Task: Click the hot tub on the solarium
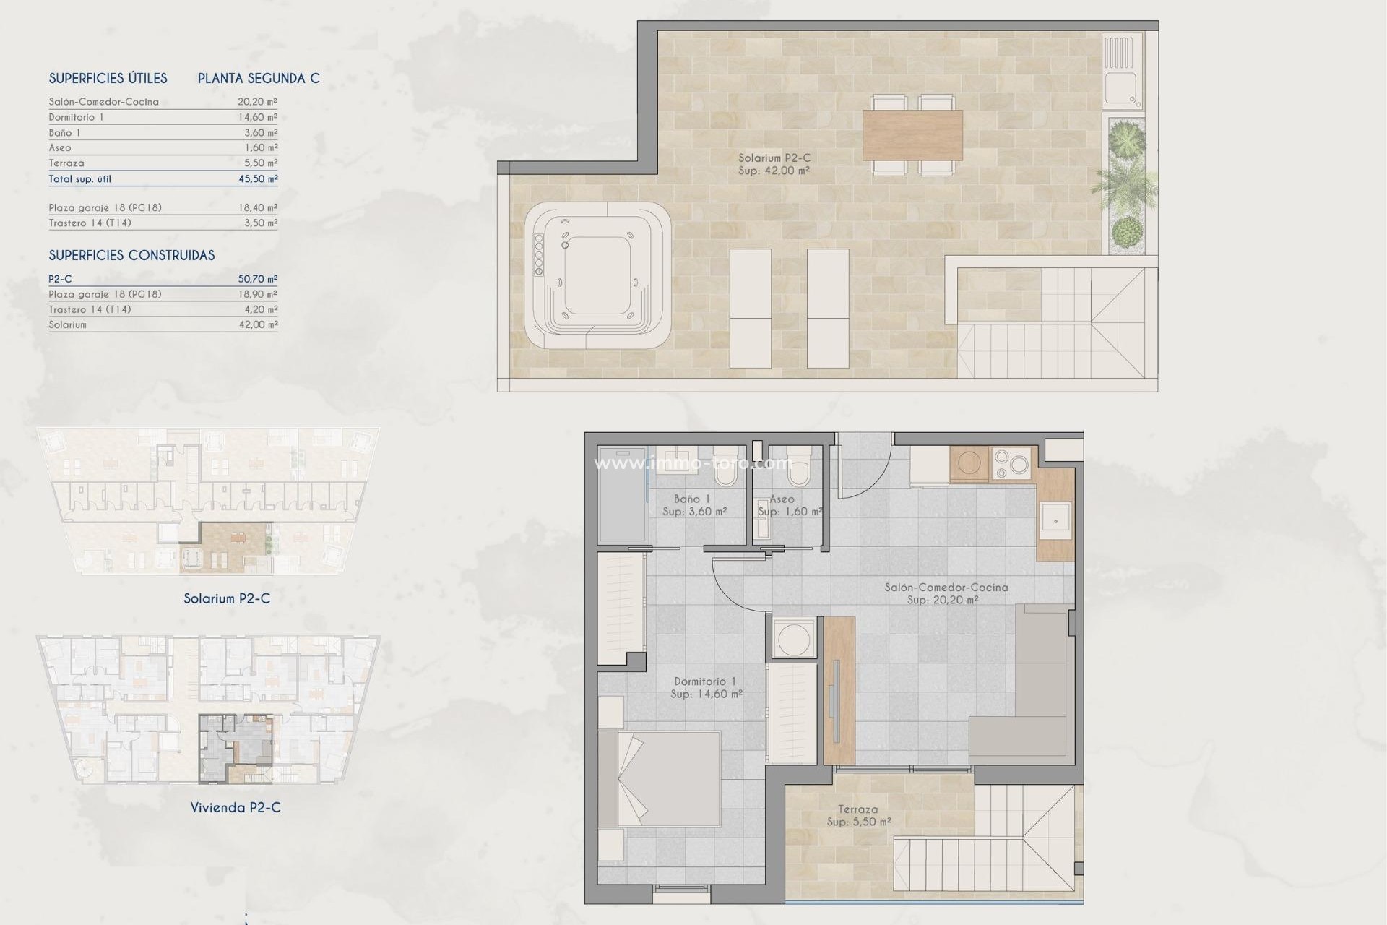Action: click(597, 276)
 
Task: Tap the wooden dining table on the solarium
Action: click(912, 135)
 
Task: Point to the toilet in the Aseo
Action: click(799, 469)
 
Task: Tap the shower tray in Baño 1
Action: click(621, 499)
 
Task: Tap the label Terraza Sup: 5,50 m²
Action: click(858, 816)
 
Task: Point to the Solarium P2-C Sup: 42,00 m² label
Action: click(774, 164)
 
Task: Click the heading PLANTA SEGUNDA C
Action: click(259, 78)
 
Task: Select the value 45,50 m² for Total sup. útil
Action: click(258, 178)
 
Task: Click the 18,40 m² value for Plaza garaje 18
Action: click(258, 207)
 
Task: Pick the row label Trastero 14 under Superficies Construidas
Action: click(90, 309)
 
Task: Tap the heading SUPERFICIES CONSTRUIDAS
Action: click(131, 255)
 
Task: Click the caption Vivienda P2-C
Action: click(236, 807)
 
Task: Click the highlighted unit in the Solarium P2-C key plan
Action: click(225, 548)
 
